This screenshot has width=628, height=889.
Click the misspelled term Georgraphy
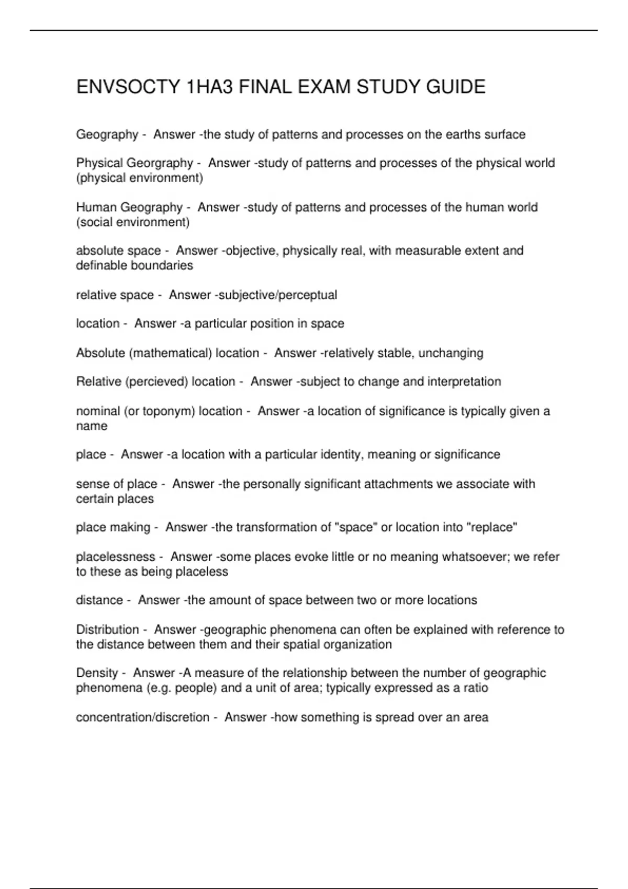pyautogui.click(x=160, y=163)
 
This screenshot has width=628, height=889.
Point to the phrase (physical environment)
pyautogui.click(x=139, y=178)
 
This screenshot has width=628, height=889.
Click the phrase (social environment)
pyautogui.click(x=133, y=222)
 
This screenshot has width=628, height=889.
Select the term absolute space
pyautogui.click(x=118, y=251)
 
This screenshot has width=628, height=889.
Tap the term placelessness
pyautogui.click(x=116, y=557)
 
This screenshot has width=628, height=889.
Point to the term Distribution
pyautogui.click(x=108, y=630)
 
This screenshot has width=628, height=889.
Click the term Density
pyautogui.click(x=97, y=673)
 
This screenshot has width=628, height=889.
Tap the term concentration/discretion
pyautogui.click(x=142, y=717)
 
